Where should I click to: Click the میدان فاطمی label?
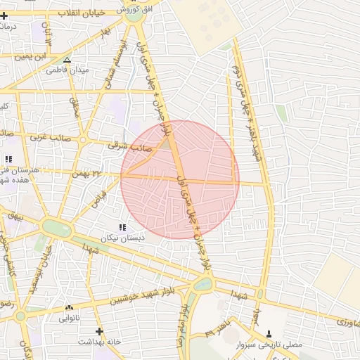tap(66, 70)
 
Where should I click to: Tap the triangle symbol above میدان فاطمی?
tap(67, 60)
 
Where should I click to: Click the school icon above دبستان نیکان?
tap(123, 228)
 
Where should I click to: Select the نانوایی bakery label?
tap(68, 317)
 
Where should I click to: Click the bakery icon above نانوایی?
tap(68, 308)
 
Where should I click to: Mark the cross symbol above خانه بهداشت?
tap(99, 330)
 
